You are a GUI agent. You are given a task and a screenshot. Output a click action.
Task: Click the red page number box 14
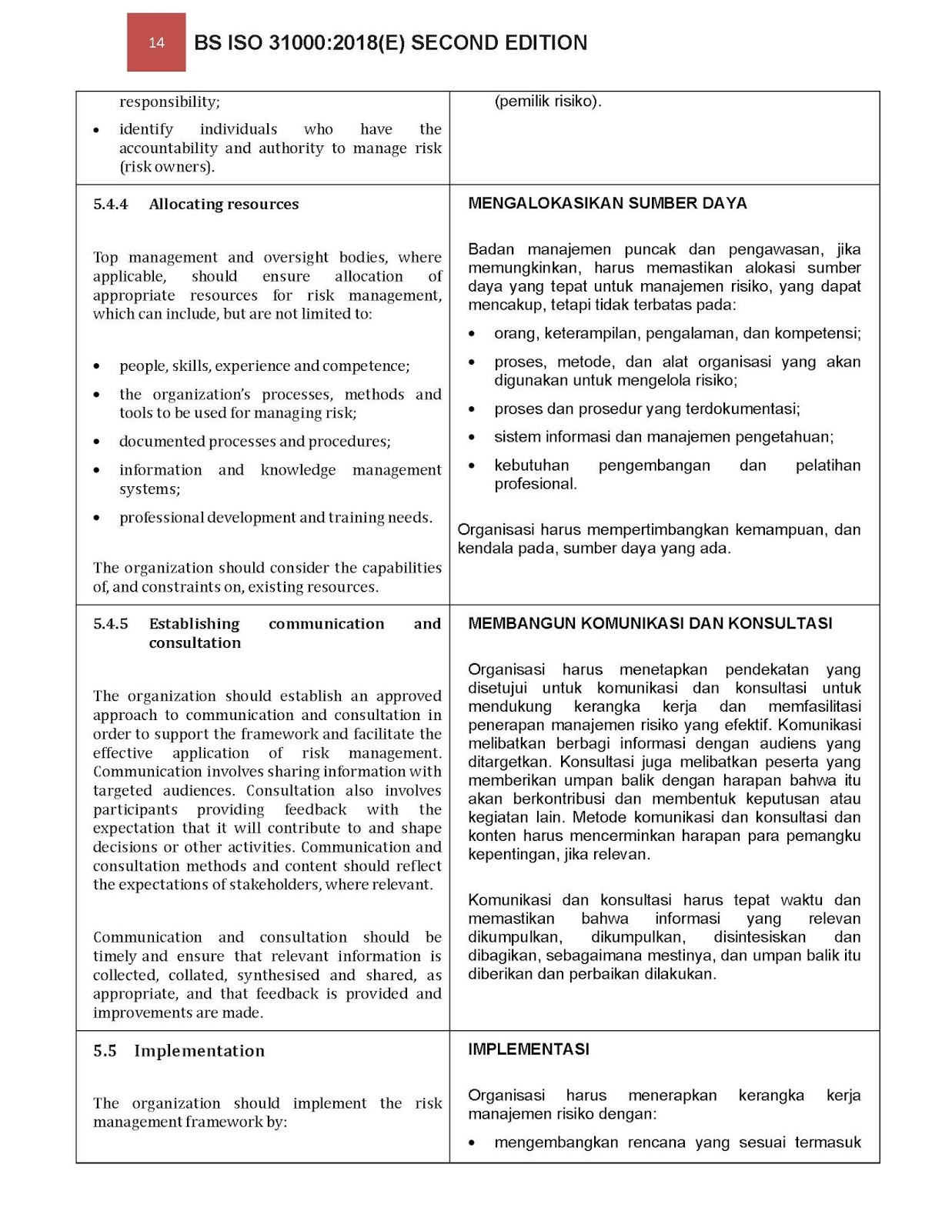click(x=156, y=42)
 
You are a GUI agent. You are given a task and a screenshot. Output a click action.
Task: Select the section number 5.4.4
click(x=110, y=204)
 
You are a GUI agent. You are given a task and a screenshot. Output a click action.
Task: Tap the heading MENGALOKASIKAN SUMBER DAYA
click(x=607, y=203)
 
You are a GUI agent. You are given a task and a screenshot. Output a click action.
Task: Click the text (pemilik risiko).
click(x=547, y=101)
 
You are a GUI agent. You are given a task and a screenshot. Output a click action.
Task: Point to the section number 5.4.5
click(x=110, y=624)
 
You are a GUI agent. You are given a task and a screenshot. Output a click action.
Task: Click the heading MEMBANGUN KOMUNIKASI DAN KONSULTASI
click(x=650, y=623)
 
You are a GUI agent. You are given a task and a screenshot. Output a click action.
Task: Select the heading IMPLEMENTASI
click(x=528, y=1049)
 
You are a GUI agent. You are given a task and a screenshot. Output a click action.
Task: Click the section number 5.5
click(x=105, y=1051)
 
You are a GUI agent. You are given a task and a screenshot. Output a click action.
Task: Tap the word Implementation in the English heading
click(x=199, y=1051)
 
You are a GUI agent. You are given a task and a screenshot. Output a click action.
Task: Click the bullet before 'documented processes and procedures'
click(x=96, y=442)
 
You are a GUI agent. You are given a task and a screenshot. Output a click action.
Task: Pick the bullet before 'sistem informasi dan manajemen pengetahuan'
click(x=472, y=438)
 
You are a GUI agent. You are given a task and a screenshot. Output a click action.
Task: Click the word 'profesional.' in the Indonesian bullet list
click(x=535, y=484)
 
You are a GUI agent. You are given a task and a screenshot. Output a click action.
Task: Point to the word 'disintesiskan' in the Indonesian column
click(x=759, y=937)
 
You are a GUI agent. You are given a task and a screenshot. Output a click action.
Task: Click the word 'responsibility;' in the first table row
click(x=169, y=102)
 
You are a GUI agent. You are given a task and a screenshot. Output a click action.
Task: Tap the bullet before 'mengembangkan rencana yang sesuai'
click(x=472, y=1143)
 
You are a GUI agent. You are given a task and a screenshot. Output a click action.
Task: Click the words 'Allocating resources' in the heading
click(x=223, y=204)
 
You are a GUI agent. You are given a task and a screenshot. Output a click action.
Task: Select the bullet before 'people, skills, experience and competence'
click(x=96, y=367)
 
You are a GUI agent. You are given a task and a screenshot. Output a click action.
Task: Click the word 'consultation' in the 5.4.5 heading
click(x=195, y=643)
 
